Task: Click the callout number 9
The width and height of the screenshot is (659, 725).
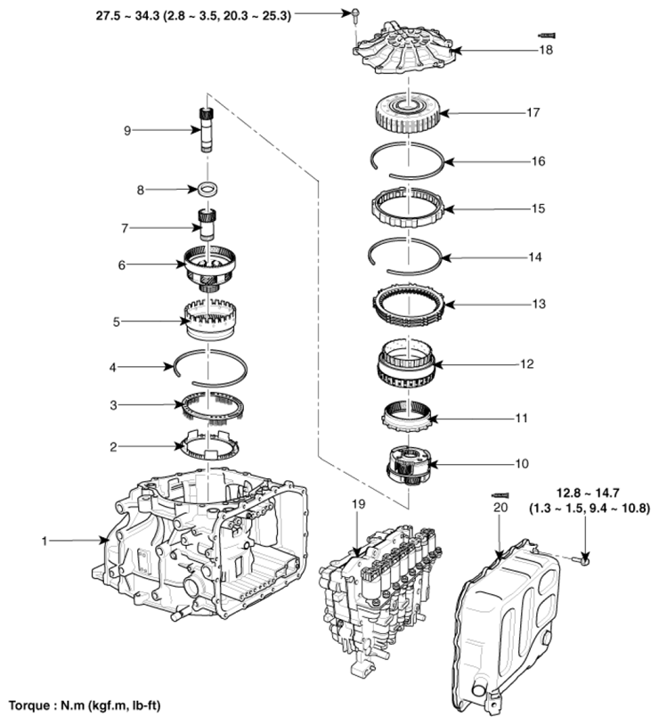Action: (127, 130)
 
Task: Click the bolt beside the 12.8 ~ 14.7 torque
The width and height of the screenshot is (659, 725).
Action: (584, 560)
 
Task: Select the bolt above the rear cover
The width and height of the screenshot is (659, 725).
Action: (354, 13)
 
